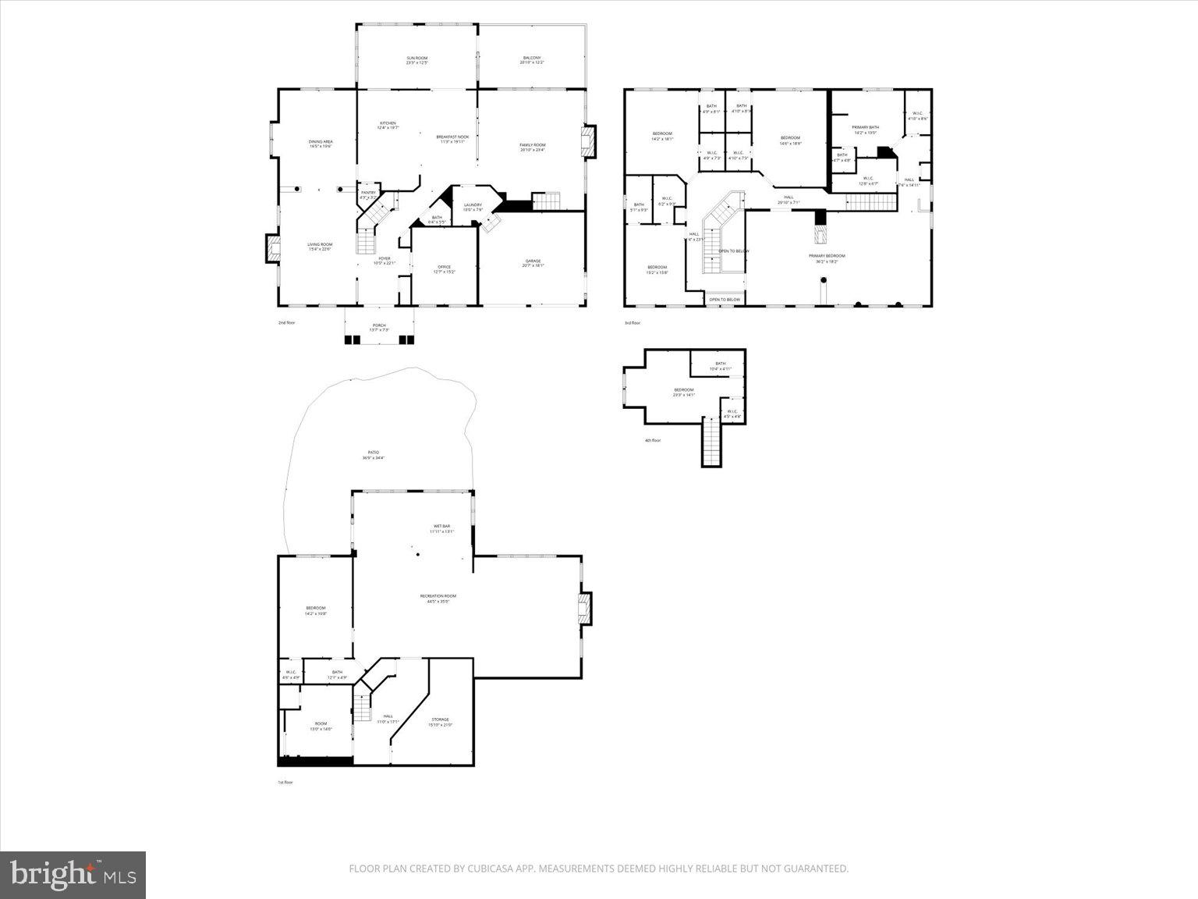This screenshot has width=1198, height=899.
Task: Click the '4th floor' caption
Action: (653, 440)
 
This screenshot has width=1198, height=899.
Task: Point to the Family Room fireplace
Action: (587, 142)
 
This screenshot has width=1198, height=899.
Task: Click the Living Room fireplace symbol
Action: (272, 249)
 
